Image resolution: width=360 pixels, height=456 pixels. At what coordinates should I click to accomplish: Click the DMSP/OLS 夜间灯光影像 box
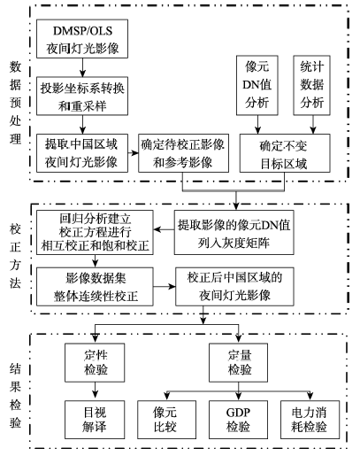82,39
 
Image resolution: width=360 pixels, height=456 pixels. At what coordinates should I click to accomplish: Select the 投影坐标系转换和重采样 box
82,96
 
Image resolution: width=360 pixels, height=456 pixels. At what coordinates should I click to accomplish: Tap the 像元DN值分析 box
257,85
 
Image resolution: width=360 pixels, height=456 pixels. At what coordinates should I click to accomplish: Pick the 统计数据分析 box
311,85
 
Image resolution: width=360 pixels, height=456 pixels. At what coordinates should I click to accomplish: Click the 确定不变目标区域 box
285,153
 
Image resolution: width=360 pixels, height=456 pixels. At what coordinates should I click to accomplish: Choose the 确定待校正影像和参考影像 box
183,153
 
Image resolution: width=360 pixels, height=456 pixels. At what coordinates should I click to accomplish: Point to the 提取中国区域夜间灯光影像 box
82,153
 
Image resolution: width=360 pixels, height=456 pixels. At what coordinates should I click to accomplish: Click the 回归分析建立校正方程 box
95,232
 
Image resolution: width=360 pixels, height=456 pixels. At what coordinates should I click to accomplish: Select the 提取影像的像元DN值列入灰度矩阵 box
234,232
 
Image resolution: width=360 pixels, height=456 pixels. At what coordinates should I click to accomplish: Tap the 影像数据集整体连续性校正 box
95,287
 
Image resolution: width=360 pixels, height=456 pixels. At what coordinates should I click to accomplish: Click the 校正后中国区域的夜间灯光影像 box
234,287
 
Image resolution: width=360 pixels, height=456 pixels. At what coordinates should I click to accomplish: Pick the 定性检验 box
95,362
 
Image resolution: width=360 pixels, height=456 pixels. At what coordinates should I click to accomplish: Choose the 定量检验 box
238,362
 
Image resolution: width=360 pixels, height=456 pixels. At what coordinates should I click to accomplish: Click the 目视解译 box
95,420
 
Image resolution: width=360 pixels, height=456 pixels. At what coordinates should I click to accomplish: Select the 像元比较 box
166,420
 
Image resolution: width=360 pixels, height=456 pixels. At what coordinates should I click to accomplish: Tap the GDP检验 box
238,420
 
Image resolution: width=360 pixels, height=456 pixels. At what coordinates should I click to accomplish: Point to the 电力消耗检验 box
310,420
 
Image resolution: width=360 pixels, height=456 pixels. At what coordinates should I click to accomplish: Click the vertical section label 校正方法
15,256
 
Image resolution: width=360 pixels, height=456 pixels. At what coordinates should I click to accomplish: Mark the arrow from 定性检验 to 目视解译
95,390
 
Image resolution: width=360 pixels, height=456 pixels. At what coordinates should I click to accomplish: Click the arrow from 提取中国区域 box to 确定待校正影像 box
134,153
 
